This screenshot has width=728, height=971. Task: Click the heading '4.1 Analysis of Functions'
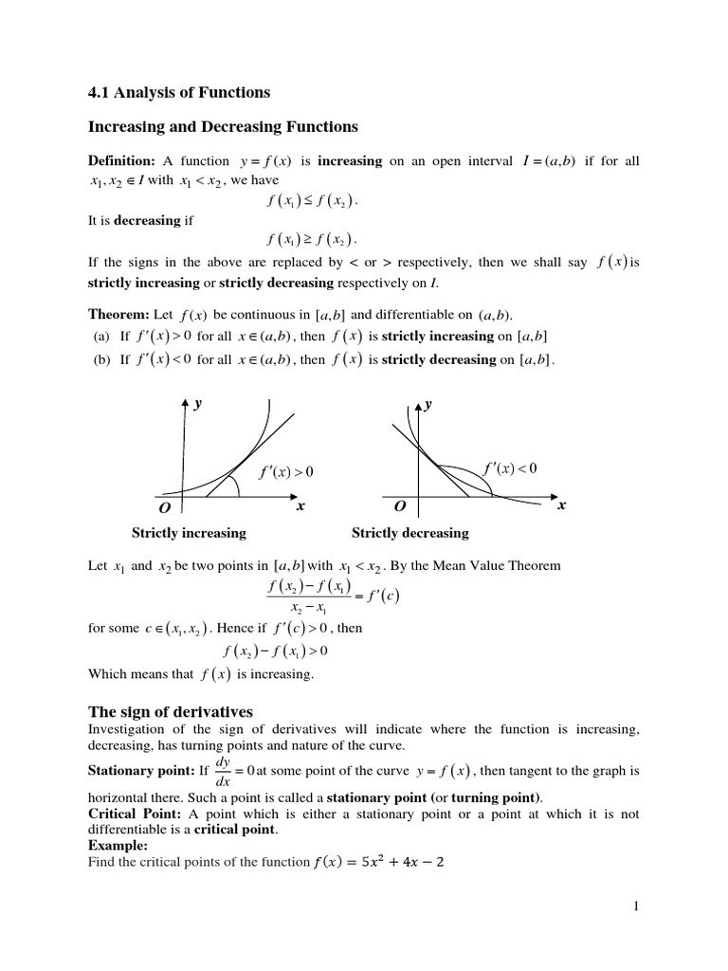click(179, 92)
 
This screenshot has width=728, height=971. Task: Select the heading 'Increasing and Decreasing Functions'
click(223, 126)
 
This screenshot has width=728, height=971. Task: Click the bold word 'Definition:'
click(121, 161)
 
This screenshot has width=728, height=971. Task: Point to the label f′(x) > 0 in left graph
click(285, 471)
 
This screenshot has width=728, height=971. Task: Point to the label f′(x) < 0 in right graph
click(510, 468)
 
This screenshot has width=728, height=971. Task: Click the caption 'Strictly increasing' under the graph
click(189, 533)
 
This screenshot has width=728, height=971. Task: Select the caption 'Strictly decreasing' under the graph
click(409, 533)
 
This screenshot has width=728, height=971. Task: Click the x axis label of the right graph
click(561, 505)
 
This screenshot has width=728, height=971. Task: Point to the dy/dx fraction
click(223, 770)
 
